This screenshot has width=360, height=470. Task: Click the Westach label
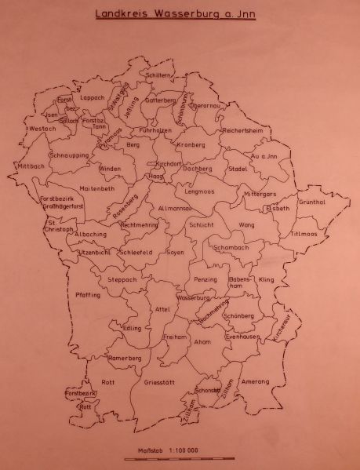click(x=42, y=128)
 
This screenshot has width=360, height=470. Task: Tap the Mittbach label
click(x=31, y=166)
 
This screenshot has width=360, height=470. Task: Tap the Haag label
click(x=156, y=177)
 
